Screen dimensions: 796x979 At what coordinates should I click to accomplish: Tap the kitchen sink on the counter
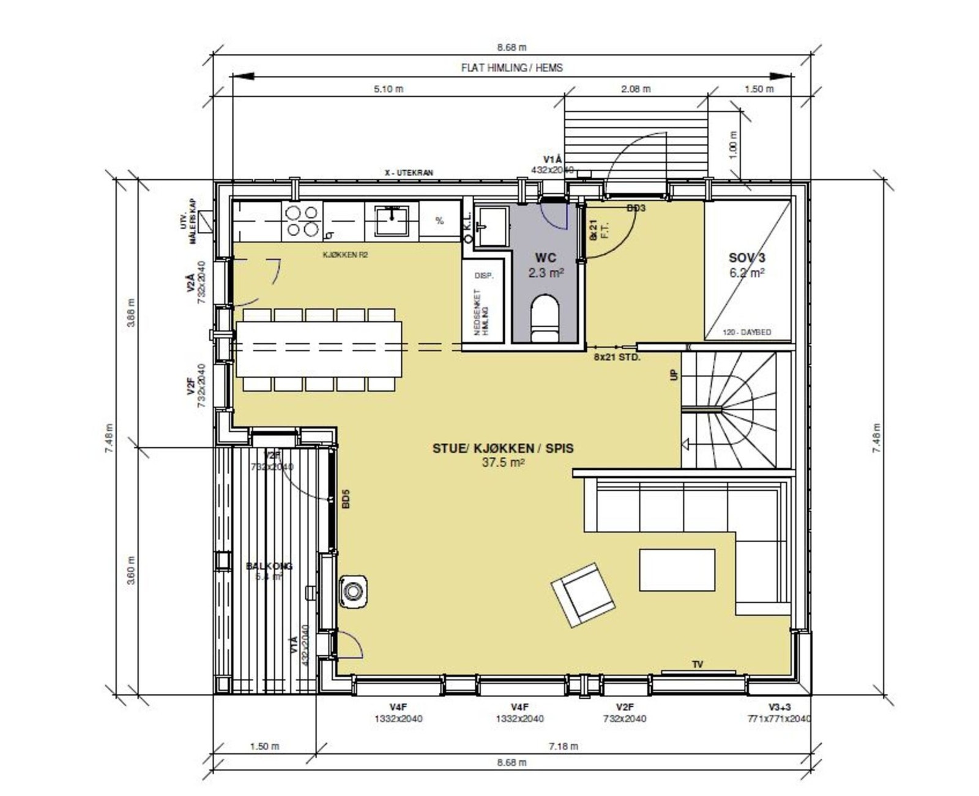(392, 220)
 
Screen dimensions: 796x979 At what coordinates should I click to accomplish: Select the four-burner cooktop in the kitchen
(302, 221)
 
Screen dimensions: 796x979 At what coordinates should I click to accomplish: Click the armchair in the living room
(583, 595)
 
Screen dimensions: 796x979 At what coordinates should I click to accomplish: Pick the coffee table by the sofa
(677, 570)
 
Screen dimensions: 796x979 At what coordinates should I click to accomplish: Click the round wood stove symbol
(353, 591)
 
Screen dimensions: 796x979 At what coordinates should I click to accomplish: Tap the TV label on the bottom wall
(698, 664)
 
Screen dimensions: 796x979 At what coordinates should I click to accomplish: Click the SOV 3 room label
(746, 258)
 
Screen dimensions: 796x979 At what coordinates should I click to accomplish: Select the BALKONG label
(269, 566)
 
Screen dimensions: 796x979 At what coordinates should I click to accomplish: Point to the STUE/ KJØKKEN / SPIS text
(503, 448)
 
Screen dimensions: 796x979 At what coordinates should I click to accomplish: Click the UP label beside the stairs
(674, 374)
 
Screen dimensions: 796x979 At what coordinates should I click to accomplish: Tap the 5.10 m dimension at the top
(389, 89)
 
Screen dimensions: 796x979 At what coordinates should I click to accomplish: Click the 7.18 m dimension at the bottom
(563, 746)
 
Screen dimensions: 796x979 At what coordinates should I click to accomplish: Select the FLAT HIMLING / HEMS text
(512, 68)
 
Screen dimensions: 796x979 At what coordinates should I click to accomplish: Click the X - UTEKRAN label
(408, 173)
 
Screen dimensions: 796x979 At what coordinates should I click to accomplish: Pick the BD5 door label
(346, 499)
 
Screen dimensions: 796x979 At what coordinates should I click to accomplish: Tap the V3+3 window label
(780, 707)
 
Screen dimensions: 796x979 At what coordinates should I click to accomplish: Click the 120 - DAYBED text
(746, 332)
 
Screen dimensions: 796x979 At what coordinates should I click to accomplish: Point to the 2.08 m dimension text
(636, 89)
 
